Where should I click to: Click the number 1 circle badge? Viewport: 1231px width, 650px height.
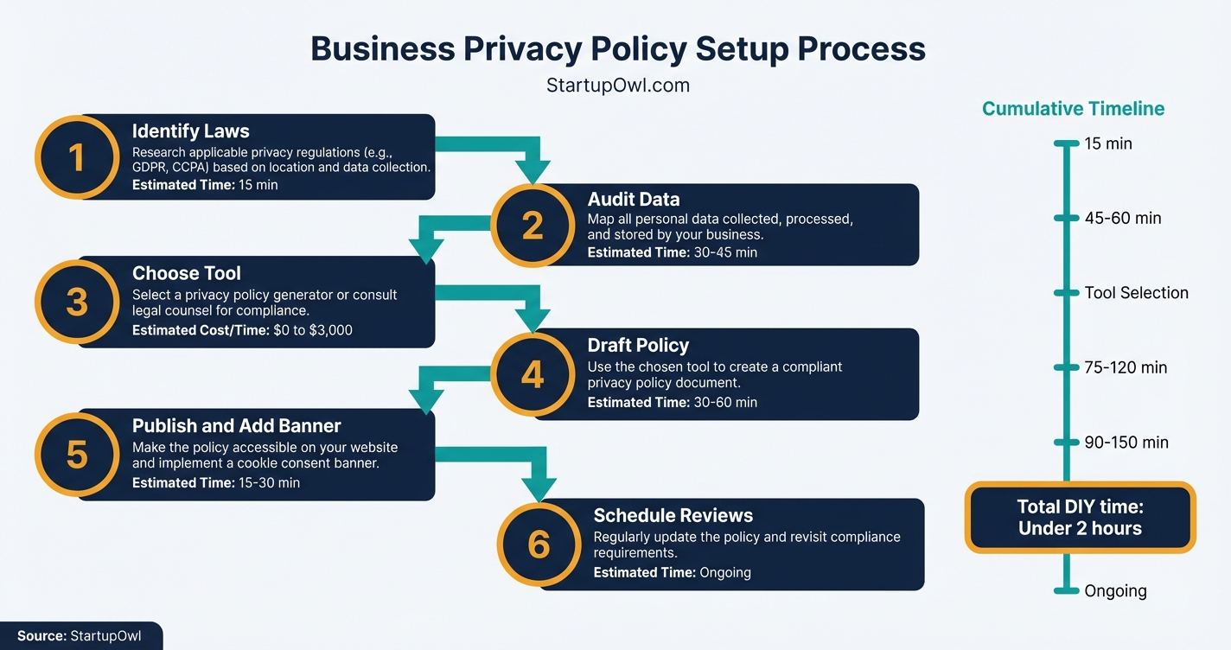click(x=77, y=157)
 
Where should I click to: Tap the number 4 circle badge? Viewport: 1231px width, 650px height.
click(x=533, y=374)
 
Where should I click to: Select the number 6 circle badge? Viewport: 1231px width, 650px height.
click(x=538, y=545)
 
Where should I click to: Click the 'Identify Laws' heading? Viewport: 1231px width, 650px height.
click(x=190, y=131)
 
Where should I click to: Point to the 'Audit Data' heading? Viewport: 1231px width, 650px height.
click(x=634, y=200)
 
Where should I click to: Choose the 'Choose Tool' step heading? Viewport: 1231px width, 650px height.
click(x=186, y=273)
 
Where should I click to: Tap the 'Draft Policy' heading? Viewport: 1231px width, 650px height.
click(x=638, y=345)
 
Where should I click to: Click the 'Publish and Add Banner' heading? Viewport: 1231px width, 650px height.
click(x=236, y=426)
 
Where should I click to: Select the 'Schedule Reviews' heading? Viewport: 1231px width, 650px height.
click(x=673, y=515)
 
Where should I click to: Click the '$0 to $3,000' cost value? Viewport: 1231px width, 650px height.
click(x=312, y=330)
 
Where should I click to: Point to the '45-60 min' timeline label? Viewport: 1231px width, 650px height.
click(x=1122, y=218)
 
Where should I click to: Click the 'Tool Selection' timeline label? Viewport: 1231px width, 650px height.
click(x=1136, y=293)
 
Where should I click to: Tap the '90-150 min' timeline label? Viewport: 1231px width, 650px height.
click(x=1126, y=443)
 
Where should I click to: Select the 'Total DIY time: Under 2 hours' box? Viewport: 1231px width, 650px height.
click(x=1080, y=517)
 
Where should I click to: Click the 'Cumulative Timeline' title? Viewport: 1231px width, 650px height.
click(x=1073, y=109)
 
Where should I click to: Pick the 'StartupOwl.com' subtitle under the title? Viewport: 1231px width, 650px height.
click(x=618, y=86)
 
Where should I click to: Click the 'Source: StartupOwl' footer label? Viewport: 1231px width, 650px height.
click(x=79, y=636)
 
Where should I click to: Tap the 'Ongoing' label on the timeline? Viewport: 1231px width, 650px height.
click(x=1115, y=591)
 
